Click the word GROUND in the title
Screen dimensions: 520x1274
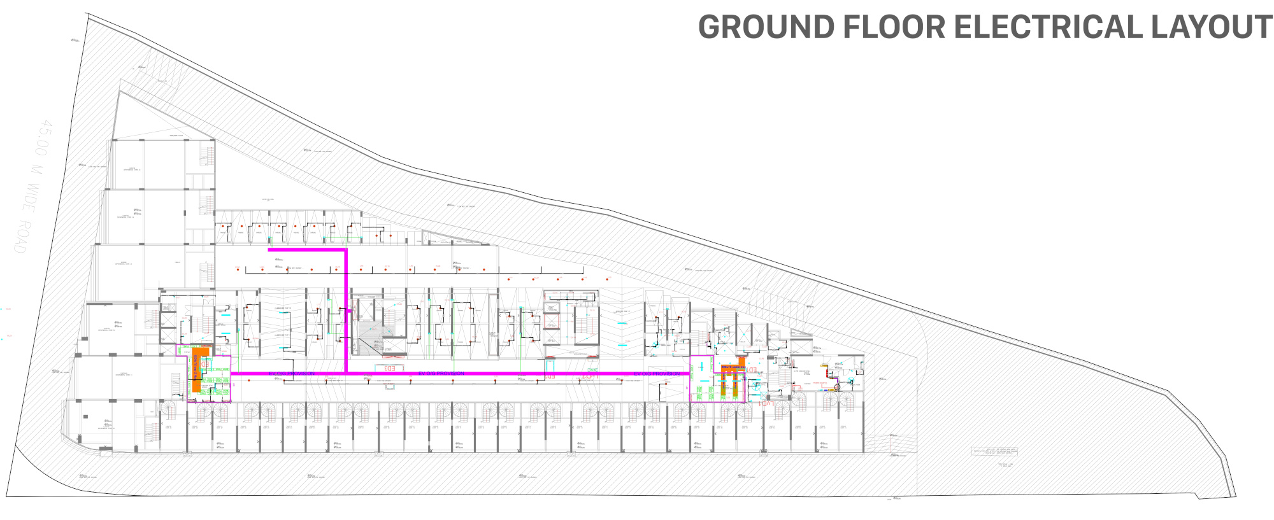(766, 27)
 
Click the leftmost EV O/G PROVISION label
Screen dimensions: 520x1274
(292, 374)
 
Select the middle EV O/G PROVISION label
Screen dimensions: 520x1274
(441, 373)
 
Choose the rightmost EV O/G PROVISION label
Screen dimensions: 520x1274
(657, 374)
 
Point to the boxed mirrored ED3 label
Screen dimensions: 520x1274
(390, 368)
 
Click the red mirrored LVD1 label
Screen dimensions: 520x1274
(766, 404)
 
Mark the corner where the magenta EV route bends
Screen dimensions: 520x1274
(345, 251)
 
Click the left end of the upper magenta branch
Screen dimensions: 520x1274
(270, 250)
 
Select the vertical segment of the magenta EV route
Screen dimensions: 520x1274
(346, 312)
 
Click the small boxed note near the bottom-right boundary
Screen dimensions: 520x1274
(994, 451)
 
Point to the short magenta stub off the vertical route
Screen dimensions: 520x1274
(349, 311)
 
